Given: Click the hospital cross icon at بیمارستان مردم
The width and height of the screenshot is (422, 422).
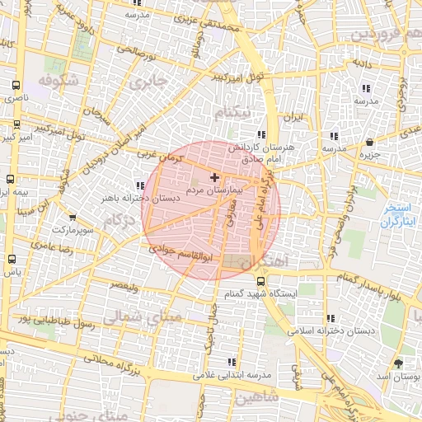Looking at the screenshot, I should click(x=215, y=177).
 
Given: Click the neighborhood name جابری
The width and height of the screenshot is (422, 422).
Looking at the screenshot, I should click(x=148, y=82).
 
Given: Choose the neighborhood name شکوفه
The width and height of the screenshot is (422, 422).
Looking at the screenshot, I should click(x=56, y=82).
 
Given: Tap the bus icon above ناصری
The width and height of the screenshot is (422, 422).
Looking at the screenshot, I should click(x=16, y=85).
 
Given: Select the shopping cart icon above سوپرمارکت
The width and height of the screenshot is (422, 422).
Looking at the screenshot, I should click(x=74, y=218).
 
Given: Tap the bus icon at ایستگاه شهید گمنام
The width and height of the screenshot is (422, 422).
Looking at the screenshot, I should click(x=260, y=280).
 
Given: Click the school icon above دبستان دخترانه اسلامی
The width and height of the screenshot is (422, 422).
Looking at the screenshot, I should click(x=331, y=318).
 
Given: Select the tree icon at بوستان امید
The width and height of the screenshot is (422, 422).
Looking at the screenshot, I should click(x=399, y=363).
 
